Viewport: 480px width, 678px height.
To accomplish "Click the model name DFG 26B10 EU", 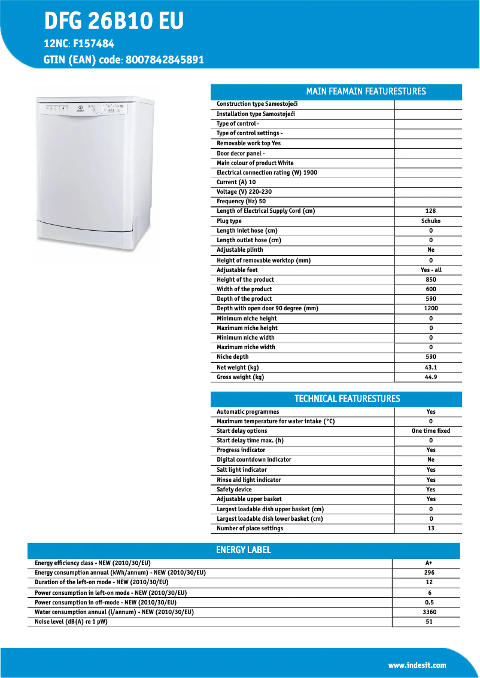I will [114, 22].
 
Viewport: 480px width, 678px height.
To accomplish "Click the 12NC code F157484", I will [93, 44].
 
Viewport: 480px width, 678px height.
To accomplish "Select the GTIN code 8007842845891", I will [165, 60].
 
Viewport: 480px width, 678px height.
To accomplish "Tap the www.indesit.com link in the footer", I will [417, 665].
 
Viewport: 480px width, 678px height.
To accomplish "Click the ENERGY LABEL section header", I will [243, 550].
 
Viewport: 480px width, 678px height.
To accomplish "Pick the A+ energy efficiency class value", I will [429, 563].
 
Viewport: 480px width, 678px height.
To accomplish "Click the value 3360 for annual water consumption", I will [429, 612].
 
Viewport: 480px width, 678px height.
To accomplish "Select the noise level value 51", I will [429, 622].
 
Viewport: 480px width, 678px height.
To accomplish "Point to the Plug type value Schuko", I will [430, 221].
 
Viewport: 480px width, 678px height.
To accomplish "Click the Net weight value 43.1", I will [430, 368].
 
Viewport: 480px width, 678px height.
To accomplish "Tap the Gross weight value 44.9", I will [430, 377].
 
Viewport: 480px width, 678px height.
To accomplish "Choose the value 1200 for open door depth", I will [430, 309].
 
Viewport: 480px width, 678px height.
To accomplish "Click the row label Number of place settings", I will [250, 529].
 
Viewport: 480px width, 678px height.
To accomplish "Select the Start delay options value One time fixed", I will [430, 431].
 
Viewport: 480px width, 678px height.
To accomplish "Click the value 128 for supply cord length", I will [430, 211].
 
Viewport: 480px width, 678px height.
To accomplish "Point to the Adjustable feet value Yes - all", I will [430, 270].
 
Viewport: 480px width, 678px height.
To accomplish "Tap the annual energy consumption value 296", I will [429, 573].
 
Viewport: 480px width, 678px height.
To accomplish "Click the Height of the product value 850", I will [430, 280].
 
